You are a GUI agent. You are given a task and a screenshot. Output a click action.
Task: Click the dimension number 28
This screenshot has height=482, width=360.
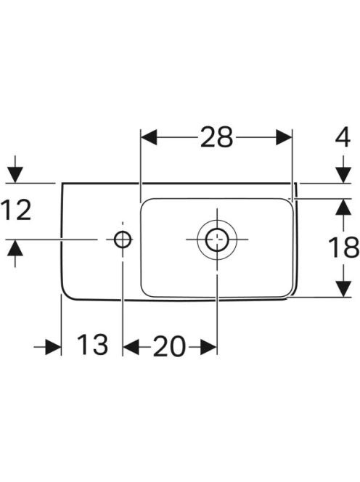coord(216,137)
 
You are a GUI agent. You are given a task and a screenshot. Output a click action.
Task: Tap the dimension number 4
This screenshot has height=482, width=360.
coord(343,137)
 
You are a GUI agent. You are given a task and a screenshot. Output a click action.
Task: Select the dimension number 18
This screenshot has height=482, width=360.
coord(343,247)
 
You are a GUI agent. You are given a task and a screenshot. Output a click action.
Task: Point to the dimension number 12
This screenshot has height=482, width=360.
coord(16,210)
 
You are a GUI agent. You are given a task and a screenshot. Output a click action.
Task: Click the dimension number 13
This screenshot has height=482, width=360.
coord(92,344)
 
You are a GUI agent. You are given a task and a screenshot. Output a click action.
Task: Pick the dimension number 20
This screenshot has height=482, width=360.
coord(169,346)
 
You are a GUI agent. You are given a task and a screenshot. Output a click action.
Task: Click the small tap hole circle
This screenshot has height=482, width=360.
coord(123,240)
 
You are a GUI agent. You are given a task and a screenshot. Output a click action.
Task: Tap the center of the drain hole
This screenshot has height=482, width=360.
coord(217,240)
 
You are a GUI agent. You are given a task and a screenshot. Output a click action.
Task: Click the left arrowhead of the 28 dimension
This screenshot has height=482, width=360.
coord(149,137)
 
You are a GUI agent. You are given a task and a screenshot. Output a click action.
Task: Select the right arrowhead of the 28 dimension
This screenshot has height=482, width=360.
coord(284,137)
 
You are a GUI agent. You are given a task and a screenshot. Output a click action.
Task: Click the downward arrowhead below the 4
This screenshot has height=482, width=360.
coord(343,175)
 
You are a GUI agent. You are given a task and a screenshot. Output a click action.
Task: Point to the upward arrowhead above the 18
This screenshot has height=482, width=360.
coord(343,207)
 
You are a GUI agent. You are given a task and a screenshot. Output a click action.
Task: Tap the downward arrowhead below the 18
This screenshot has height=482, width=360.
coord(343,289)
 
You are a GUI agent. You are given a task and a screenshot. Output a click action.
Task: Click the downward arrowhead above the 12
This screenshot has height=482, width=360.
coord(15,175)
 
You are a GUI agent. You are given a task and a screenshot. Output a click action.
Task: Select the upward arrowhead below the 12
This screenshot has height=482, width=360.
coord(15,248)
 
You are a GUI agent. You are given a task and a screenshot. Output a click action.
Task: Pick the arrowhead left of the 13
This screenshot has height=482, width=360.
coord(53,347)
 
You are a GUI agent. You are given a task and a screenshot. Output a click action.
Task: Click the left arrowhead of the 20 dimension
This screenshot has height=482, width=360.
coord(131,347)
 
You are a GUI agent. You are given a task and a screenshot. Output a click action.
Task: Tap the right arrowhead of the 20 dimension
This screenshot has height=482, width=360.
coord(208,347)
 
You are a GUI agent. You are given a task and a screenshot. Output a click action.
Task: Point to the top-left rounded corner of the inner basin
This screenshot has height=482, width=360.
coord(144,202)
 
